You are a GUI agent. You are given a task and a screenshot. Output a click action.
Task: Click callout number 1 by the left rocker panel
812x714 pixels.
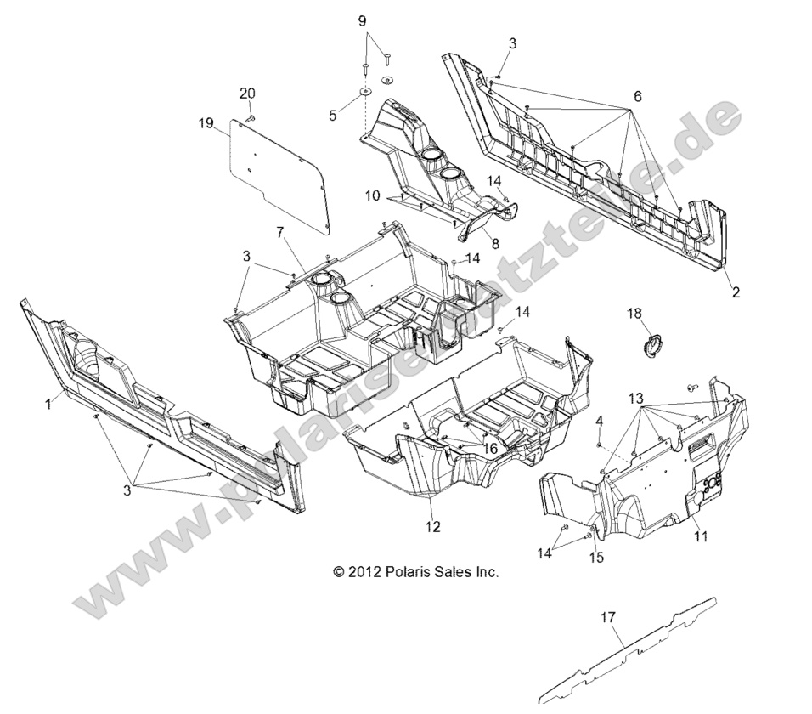[x=48, y=405]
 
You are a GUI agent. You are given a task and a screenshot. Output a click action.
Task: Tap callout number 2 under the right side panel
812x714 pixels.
[x=736, y=292]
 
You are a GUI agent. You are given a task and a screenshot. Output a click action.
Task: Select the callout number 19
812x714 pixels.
[x=206, y=123]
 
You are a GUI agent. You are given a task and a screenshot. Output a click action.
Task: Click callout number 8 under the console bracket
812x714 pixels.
[x=495, y=243]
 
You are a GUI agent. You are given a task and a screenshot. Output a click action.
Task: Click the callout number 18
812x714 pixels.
[x=634, y=313]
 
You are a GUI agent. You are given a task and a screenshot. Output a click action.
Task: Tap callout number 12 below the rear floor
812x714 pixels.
[x=433, y=527]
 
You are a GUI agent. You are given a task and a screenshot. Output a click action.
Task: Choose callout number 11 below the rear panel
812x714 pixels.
[x=702, y=536]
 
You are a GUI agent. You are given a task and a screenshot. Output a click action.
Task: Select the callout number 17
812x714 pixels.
[x=608, y=618]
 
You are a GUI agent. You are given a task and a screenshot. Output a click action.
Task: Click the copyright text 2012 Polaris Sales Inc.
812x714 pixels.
[x=415, y=573]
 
